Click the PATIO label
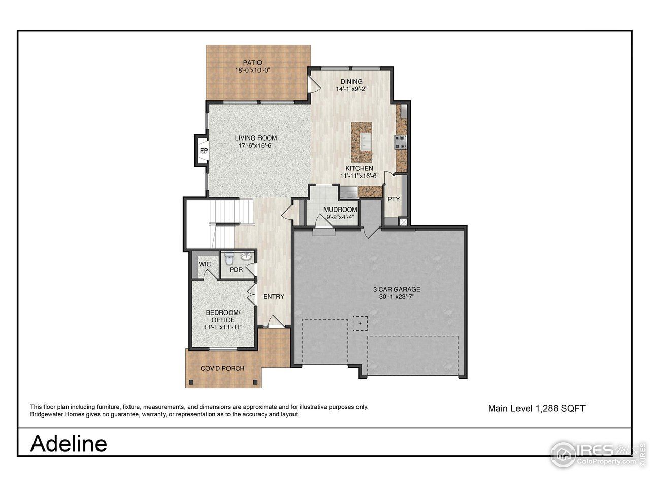(x=252, y=63)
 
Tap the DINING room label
(x=351, y=81)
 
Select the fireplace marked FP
(x=203, y=151)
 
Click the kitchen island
(x=362, y=142)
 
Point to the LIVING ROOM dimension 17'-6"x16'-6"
(x=256, y=146)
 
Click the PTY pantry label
(x=394, y=199)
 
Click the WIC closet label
(x=205, y=264)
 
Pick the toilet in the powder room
(x=229, y=259)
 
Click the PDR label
(x=236, y=270)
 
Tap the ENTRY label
(x=273, y=296)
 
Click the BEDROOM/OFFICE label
(x=223, y=316)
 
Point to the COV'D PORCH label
(x=222, y=368)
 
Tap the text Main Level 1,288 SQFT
(x=536, y=408)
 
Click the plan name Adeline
(x=69, y=443)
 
